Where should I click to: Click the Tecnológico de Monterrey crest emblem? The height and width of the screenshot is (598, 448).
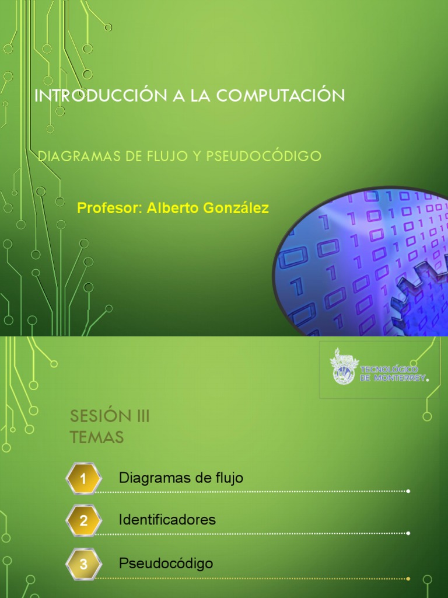(x=343, y=367)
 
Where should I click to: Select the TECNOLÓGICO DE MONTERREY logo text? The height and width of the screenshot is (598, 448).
(x=394, y=372)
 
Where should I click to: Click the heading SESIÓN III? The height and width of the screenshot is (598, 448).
(x=110, y=417)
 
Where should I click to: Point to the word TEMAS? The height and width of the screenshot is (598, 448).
(x=97, y=437)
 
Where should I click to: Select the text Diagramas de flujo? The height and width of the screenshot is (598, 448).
(x=181, y=478)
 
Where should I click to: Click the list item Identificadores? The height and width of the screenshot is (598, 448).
(x=167, y=519)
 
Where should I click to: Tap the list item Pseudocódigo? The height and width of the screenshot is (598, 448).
(x=166, y=564)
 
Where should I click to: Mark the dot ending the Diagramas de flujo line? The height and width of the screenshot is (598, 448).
(x=408, y=491)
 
